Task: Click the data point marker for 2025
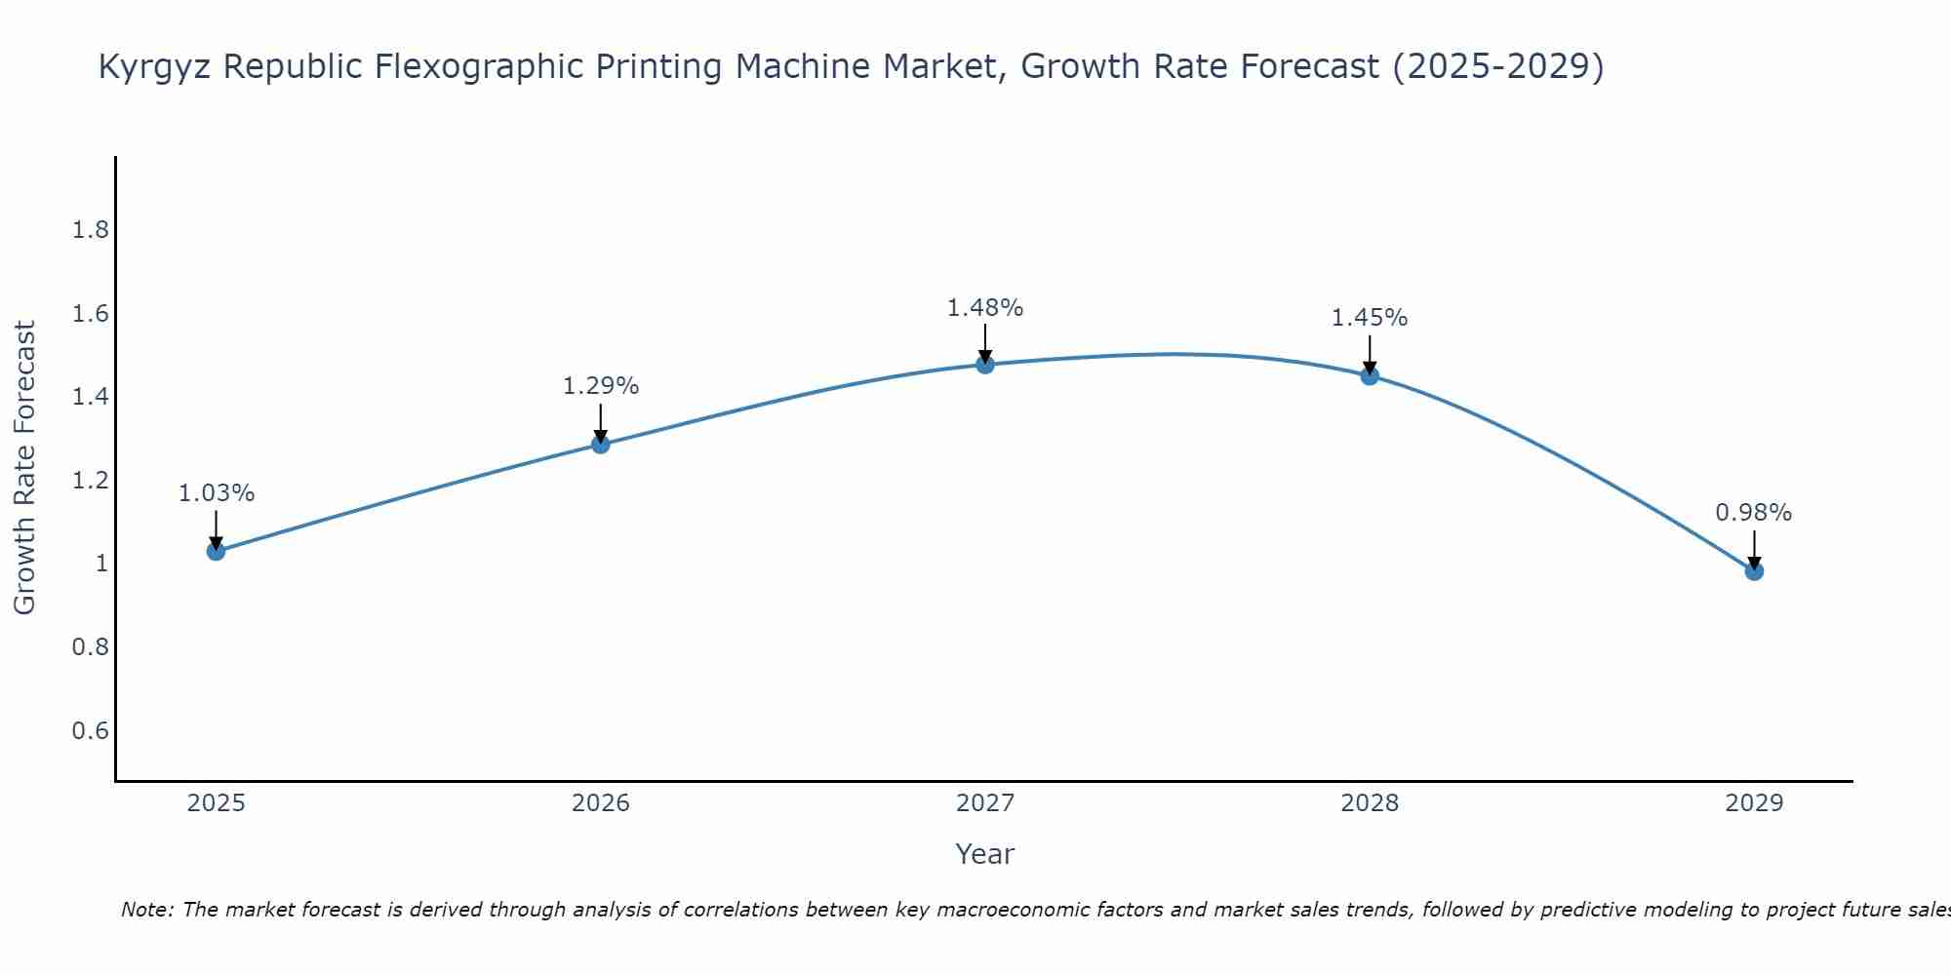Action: [x=217, y=551]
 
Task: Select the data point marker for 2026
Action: [x=601, y=445]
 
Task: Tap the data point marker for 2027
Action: [x=985, y=365]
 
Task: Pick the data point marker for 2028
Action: [x=1370, y=376]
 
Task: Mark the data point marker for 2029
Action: [x=1754, y=571]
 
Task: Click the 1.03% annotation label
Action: [x=217, y=493]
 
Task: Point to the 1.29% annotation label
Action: [x=601, y=386]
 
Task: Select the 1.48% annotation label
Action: [x=985, y=308]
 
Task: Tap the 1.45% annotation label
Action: [x=1370, y=318]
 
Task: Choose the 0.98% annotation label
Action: [x=1754, y=513]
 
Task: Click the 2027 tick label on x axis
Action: [x=985, y=803]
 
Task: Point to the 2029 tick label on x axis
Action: [x=1754, y=803]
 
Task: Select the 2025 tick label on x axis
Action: [x=217, y=803]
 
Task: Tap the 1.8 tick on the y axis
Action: [x=90, y=230]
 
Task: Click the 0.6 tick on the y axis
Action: [x=90, y=731]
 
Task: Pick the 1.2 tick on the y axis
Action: [x=90, y=481]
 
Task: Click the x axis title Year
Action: [x=985, y=854]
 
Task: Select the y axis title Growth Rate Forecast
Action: [x=25, y=468]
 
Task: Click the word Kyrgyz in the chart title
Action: [x=156, y=67]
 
